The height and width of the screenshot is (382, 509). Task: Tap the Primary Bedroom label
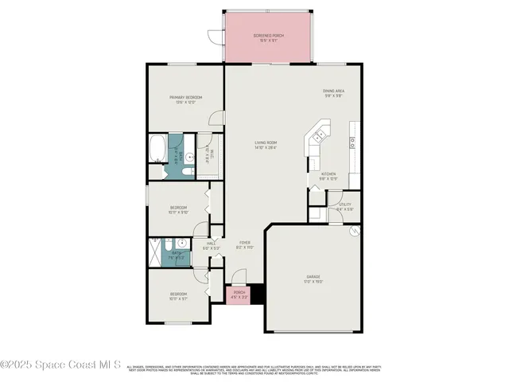point(185,99)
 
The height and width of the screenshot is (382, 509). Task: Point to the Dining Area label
point(332,92)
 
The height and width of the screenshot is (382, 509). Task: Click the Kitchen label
point(328,175)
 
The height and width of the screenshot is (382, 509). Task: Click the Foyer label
point(244,245)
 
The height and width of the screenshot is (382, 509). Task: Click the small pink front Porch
point(239,295)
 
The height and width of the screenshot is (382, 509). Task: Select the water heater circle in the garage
point(354,232)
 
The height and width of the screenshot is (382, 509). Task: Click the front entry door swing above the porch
point(239,278)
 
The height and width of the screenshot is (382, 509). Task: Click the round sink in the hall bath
point(182,245)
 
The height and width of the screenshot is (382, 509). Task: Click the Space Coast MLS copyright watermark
point(60,364)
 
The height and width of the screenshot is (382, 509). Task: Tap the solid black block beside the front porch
point(256,294)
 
